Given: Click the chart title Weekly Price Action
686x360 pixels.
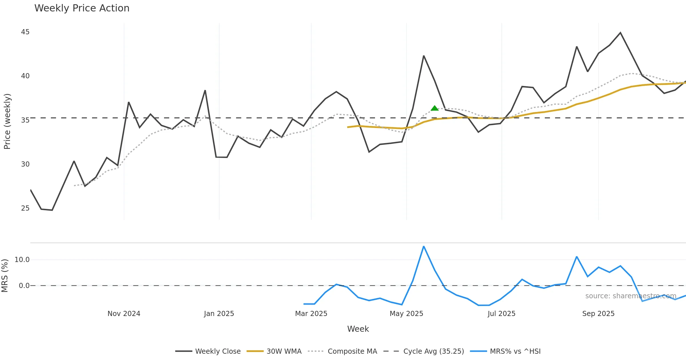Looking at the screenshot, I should pyautogui.click(x=82, y=8).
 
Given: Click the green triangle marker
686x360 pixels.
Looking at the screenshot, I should pyautogui.click(x=434, y=108).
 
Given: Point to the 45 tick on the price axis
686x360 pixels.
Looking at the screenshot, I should pyautogui.click(x=25, y=32).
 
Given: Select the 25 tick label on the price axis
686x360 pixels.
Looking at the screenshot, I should pyautogui.click(x=25, y=208).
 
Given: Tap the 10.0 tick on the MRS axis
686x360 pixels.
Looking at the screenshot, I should pyautogui.click(x=22, y=260).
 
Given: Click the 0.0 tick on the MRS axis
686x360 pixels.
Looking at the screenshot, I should pyautogui.click(x=24, y=286).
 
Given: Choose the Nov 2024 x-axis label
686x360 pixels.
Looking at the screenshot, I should pyautogui.click(x=124, y=314).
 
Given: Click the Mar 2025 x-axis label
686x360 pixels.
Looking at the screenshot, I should pyautogui.click(x=311, y=314).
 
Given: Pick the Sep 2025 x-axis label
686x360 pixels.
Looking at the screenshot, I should pyautogui.click(x=598, y=314).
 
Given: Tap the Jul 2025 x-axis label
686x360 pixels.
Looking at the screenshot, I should pyautogui.click(x=501, y=314).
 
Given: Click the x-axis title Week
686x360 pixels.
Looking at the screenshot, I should pyautogui.click(x=358, y=329).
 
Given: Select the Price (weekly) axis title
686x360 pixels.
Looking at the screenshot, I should pyautogui.click(x=7, y=121).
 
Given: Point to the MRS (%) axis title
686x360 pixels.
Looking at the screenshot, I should pyautogui.click(x=5, y=276).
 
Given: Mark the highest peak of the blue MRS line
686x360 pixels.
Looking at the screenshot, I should pyautogui.click(x=424, y=246).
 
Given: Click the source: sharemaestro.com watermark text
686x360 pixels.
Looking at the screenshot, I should pyautogui.click(x=631, y=296).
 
